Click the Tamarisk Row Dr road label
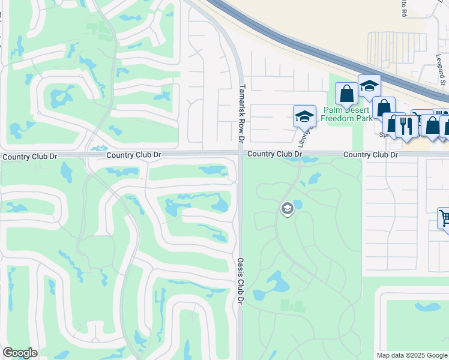click(241, 113)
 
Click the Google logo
click(20, 353)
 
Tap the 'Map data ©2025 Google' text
click(412, 355)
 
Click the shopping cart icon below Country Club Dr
click(444, 218)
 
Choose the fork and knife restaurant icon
click(407, 126)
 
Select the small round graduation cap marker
click(287, 209)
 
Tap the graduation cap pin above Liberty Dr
click(304, 116)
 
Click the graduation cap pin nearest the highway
click(369, 86)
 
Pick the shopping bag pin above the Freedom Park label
click(346, 94)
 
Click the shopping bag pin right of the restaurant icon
click(430, 125)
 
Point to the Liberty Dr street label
click(303, 137)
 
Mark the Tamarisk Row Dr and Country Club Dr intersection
click(240, 154)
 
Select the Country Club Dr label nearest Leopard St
click(370, 155)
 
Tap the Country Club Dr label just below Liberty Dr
click(274, 154)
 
